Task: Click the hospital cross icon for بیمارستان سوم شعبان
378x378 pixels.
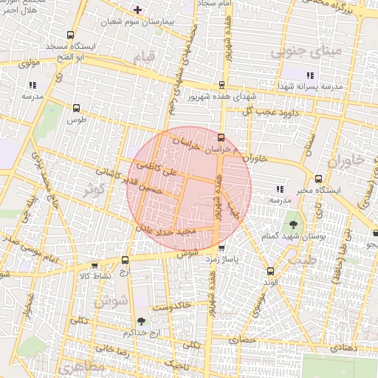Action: coord(137,9)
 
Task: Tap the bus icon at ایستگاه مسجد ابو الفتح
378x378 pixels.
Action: coord(70,35)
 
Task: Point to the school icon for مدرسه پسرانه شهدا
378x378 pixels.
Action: coord(311,75)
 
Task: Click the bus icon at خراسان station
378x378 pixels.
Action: coord(221,137)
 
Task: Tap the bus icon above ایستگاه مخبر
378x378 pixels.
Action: coord(318,179)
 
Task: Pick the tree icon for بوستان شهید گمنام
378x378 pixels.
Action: coord(293,222)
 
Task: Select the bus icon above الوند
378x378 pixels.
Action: coord(270,271)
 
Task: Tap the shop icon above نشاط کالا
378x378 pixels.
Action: coord(94,264)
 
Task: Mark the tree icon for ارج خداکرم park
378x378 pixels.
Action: coord(141,321)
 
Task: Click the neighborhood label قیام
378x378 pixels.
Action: coord(144,56)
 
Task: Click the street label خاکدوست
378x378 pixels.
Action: coord(171,304)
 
